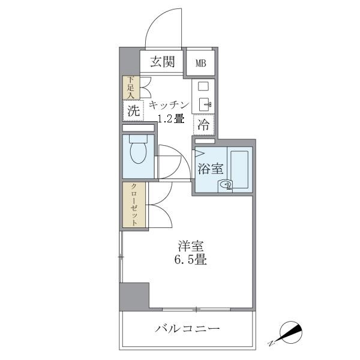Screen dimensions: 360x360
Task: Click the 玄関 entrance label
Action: tap(162, 61)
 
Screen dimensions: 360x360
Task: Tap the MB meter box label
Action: tap(200, 62)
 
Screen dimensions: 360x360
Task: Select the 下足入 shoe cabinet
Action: tap(131, 87)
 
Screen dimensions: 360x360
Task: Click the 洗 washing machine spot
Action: tap(133, 110)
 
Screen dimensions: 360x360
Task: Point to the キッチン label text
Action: tap(170, 104)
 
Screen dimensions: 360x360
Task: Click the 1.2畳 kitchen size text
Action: tap(170, 118)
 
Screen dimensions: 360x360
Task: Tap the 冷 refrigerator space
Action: tap(203, 125)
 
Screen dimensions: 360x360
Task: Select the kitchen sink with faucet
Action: tap(203, 104)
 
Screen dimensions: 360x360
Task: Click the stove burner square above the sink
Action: tap(203, 86)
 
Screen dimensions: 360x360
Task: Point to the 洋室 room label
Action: tap(190, 247)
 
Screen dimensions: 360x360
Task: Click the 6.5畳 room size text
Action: tap(191, 261)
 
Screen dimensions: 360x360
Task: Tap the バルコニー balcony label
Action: tap(188, 329)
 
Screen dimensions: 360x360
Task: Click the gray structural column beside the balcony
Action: tap(134, 296)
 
